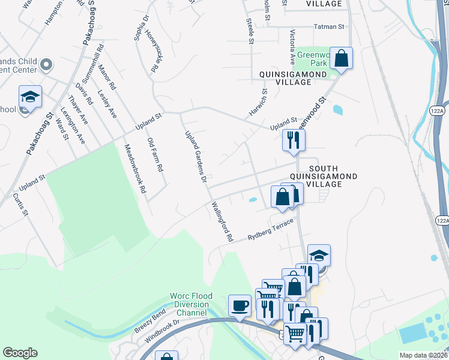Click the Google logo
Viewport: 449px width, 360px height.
[20, 353]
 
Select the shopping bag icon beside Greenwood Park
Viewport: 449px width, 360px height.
[341, 59]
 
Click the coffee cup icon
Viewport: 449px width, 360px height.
[240, 305]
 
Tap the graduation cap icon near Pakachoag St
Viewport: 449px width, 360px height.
[29, 96]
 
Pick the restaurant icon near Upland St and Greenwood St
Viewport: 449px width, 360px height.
[294, 140]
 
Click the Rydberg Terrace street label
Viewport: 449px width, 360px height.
[271, 230]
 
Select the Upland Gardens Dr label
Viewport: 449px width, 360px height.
[196, 157]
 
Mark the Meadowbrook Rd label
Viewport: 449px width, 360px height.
[135, 168]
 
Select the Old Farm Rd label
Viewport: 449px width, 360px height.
[155, 155]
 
